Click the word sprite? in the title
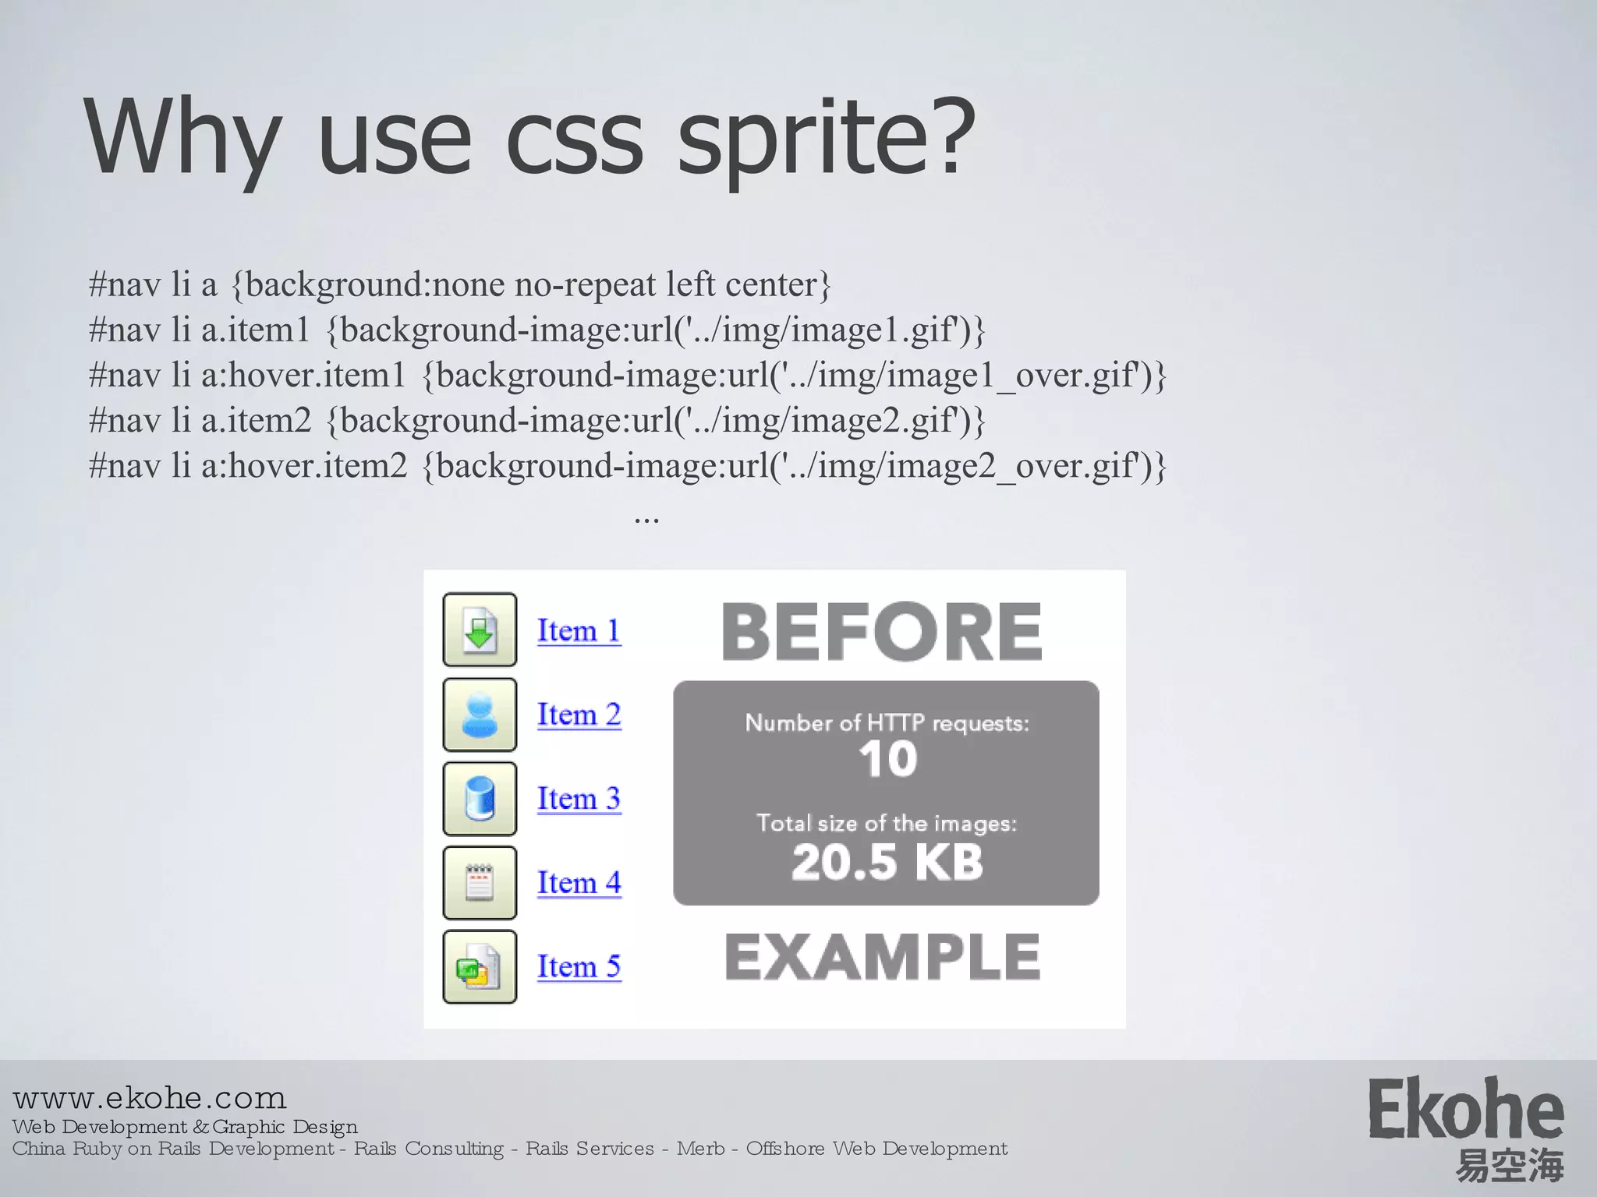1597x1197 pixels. pyautogui.click(x=827, y=140)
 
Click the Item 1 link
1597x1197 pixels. pyautogui.click(x=579, y=630)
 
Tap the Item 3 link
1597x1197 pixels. pyautogui.click(x=579, y=798)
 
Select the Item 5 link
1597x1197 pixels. pyautogui.click(x=579, y=966)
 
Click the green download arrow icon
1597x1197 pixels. pyautogui.click(x=480, y=630)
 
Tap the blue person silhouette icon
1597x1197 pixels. pyautogui.click(x=480, y=715)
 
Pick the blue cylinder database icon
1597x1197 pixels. pyautogui.click(x=480, y=799)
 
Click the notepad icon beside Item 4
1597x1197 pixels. pyautogui.click(x=480, y=883)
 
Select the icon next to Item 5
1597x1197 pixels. pyautogui.click(x=480, y=967)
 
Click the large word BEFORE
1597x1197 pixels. pyautogui.click(x=882, y=631)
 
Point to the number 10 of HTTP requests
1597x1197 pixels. pyautogui.click(x=887, y=759)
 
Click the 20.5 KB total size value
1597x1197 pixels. pyautogui.click(x=887, y=862)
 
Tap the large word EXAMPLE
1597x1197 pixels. pyautogui.click(x=882, y=957)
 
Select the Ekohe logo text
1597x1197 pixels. pyautogui.click(x=1466, y=1110)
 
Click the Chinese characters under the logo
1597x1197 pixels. pyautogui.click(x=1510, y=1166)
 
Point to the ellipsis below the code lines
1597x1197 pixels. pyautogui.click(x=646, y=518)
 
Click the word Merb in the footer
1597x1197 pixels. pyautogui.click(x=701, y=1149)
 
